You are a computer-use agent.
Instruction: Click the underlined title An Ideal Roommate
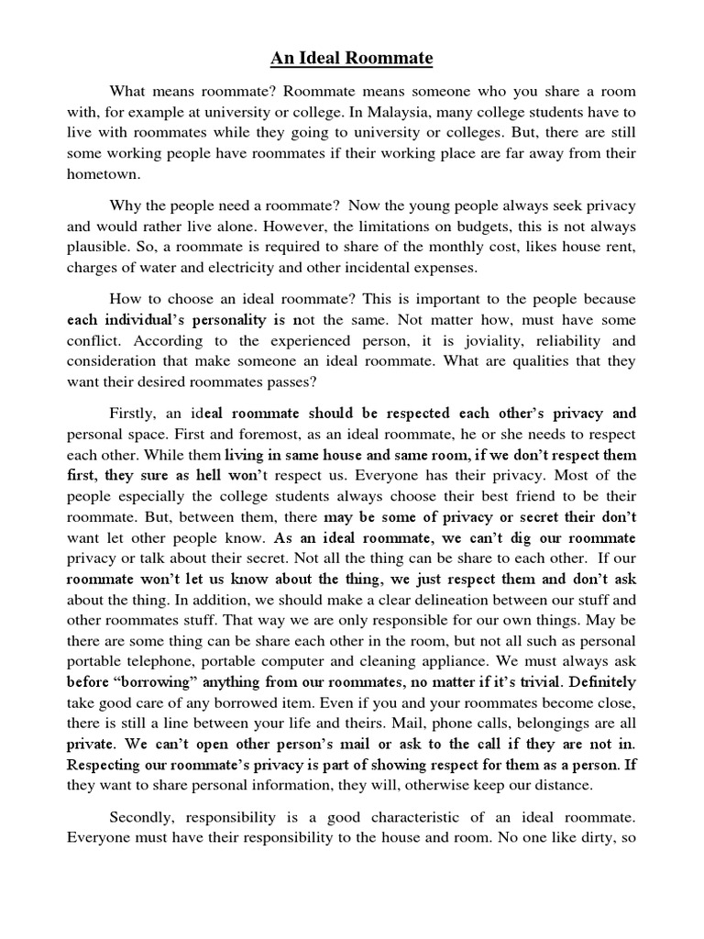[x=351, y=60]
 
